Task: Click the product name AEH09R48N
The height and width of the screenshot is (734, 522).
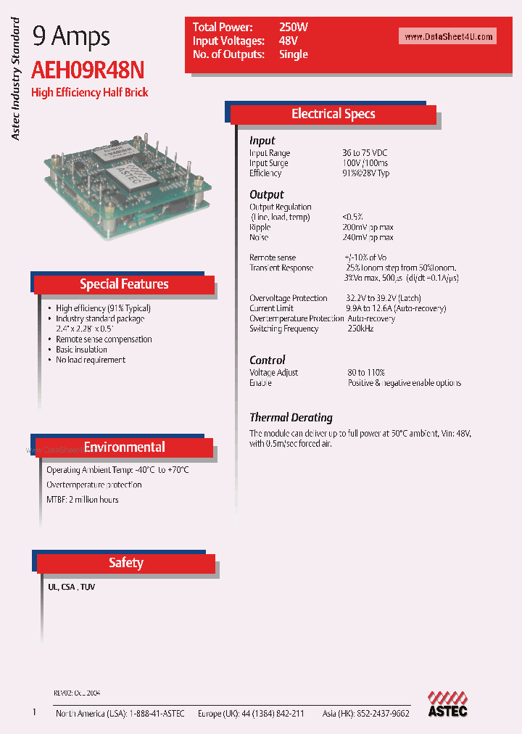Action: [x=88, y=70]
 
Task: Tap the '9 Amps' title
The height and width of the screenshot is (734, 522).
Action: [x=71, y=36]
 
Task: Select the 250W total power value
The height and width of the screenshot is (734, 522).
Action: [x=294, y=27]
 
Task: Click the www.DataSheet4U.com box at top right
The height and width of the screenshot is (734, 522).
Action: [x=448, y=37]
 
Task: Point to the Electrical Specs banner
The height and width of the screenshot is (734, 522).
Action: [x=333, y=114]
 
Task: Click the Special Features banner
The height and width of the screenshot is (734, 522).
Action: [x=124, y=284]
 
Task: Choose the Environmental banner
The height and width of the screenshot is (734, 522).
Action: [x=124, y=448]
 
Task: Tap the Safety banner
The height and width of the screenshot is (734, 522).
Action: [x=126, y=563]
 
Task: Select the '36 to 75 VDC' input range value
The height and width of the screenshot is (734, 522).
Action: [x=365, y=153]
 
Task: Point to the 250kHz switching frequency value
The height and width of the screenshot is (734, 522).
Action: [x=360, y=329]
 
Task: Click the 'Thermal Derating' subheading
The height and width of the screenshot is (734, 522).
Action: [x=291, y=418]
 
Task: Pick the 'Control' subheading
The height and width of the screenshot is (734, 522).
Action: [x=268, y=360]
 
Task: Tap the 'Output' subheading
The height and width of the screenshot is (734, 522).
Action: [x=267, y=194]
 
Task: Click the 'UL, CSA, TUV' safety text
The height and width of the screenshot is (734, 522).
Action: [x=72, y=587]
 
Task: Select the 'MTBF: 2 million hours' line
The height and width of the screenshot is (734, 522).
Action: [x=83, y=500]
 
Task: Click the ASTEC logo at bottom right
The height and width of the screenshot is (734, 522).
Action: [x=447, y=703]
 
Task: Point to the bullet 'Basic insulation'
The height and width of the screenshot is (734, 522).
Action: [x=82, y=350]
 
